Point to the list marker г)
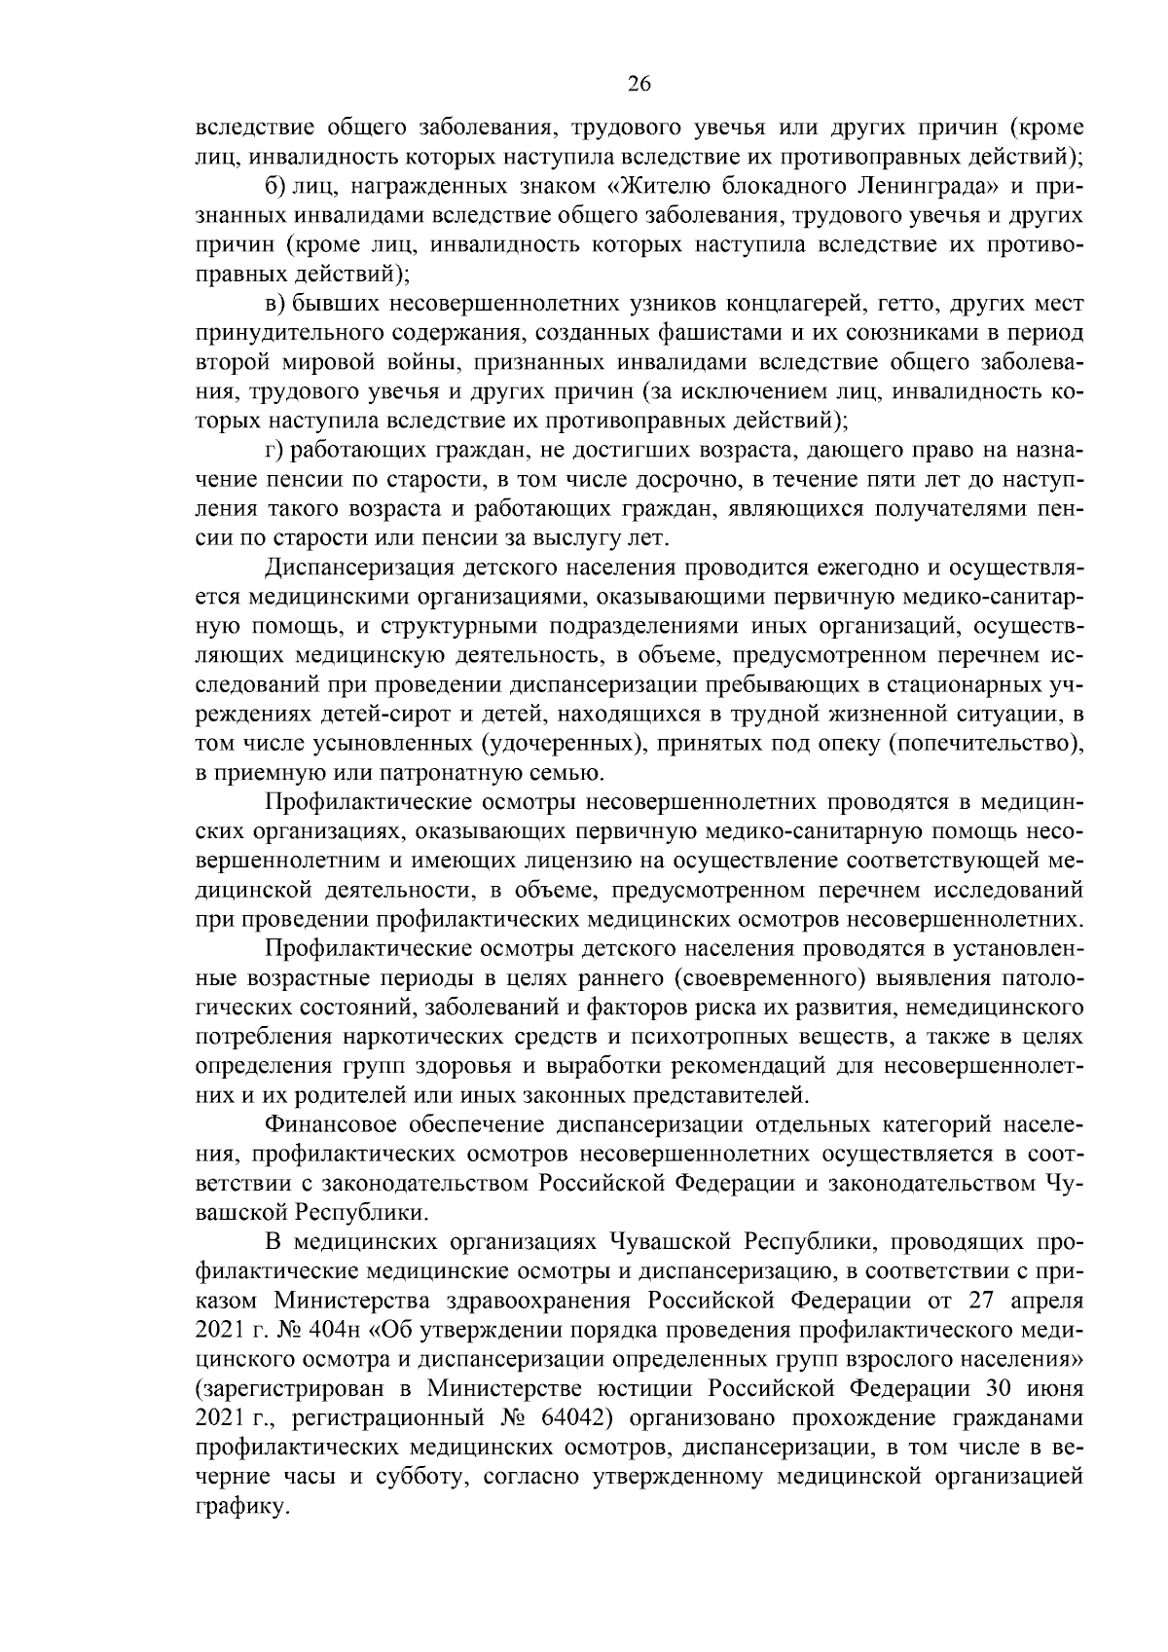tap(275, 451)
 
